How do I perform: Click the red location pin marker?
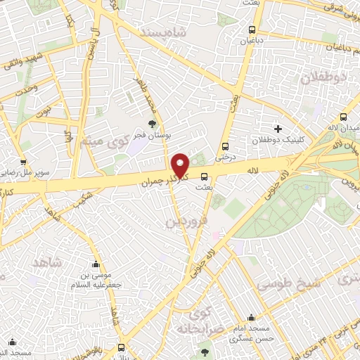point(181,165)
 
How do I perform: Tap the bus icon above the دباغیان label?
point(252,30)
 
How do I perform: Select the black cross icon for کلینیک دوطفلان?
point(278,129)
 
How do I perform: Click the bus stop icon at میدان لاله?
point(343,117)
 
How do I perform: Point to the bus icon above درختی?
point(225,147)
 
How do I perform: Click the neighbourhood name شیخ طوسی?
point(288,284)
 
